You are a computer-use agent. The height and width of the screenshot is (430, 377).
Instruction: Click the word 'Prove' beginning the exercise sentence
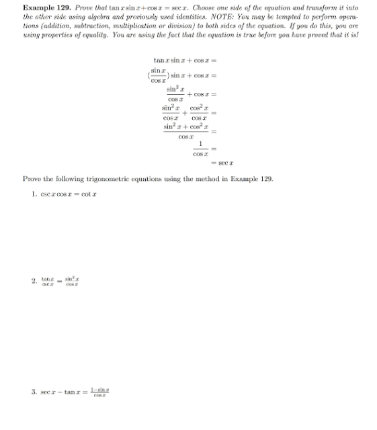click(x=32, y=179)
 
